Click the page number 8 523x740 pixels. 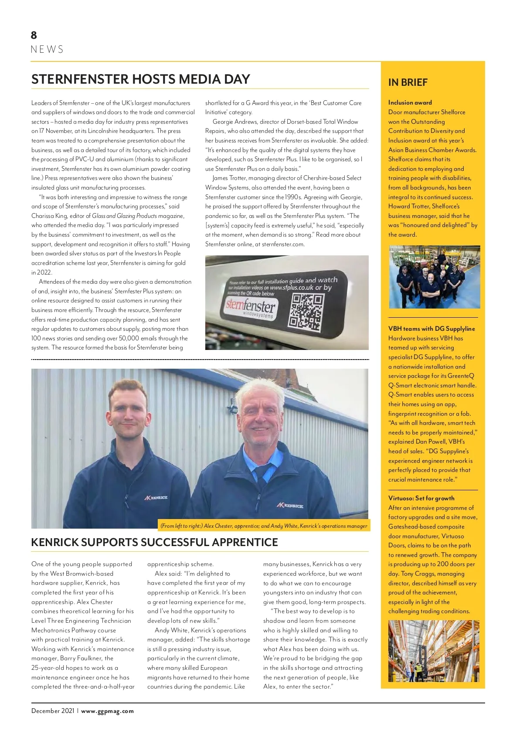(x=34, y=35)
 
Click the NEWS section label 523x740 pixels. (x=47, y=49)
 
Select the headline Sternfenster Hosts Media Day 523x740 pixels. (x=140, y=79)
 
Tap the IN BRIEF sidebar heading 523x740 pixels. (x=408, y=82)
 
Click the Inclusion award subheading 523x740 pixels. (x=410, y=102)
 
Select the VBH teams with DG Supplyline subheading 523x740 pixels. (x=431, y=329)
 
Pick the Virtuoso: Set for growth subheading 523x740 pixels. (x=421, y=498)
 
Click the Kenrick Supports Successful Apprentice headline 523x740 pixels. (x=154, y=542)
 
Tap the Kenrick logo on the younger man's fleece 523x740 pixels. (x=156, y=497)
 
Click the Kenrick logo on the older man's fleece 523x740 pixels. (x=290, y=506)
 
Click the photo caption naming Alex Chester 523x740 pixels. (x=264, y=526)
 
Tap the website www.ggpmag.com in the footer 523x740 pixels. (x=107, y=711)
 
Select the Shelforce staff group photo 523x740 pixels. (x=434, y=277)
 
